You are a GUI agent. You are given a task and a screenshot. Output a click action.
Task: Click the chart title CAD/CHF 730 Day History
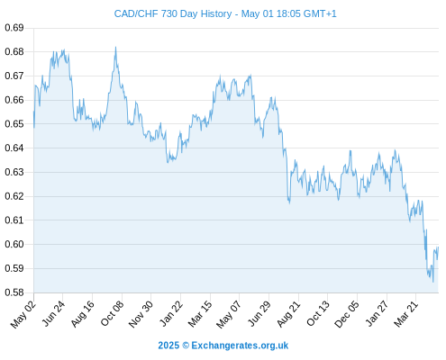(173, 13)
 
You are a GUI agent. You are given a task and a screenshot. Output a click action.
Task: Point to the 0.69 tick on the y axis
(14, 28)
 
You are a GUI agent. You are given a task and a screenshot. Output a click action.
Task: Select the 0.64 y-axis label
(14, 148)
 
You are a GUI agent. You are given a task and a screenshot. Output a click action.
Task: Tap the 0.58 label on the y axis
(14, 292)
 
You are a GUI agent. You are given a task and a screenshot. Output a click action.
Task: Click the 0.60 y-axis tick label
(14, 244)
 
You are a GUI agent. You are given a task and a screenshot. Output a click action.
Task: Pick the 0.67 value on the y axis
(14, 76)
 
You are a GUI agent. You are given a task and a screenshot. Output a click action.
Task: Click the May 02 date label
(23, 314)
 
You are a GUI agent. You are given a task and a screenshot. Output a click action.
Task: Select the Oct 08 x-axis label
(113, 314)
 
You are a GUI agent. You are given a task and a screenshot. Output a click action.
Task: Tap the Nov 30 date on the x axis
(141, 314)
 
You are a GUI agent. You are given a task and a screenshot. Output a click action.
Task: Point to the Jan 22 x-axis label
(171, 314)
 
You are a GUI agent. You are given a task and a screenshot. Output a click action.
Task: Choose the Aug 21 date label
(288, 314)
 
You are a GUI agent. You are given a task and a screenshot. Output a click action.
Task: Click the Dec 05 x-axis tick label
(347, 314)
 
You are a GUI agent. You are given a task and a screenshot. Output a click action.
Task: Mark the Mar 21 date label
(406, 314)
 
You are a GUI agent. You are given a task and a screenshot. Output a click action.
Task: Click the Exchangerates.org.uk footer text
(240, 346)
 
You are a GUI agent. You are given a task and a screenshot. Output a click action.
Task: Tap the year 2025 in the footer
(168, 346)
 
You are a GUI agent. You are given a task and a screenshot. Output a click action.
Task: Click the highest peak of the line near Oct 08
(115, 47)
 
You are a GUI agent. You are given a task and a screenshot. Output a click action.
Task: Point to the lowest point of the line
(433, 282)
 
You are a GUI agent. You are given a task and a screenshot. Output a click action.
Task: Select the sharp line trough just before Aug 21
(289, 203)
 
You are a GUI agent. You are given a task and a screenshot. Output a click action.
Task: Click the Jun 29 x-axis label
(259, 314)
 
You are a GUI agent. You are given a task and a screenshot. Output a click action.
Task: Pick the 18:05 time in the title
(288, 13)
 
